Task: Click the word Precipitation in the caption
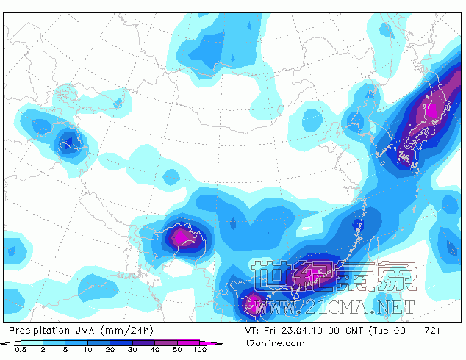click(x=40, y=331)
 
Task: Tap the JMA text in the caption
click(x=87, y=331)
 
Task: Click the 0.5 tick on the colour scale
click(x=22, y=350)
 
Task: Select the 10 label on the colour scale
click(x=87, y=350)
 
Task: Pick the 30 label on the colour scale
click(x=132, y=350)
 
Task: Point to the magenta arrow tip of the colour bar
click(x=218, y=342)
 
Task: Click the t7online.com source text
click(x=274, y=343)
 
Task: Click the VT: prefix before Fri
click(x=252, y=331)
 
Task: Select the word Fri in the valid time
click(x=270, y=331)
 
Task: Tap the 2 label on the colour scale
click(x=44, y=350)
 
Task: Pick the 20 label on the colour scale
click(x=110, y=350)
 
